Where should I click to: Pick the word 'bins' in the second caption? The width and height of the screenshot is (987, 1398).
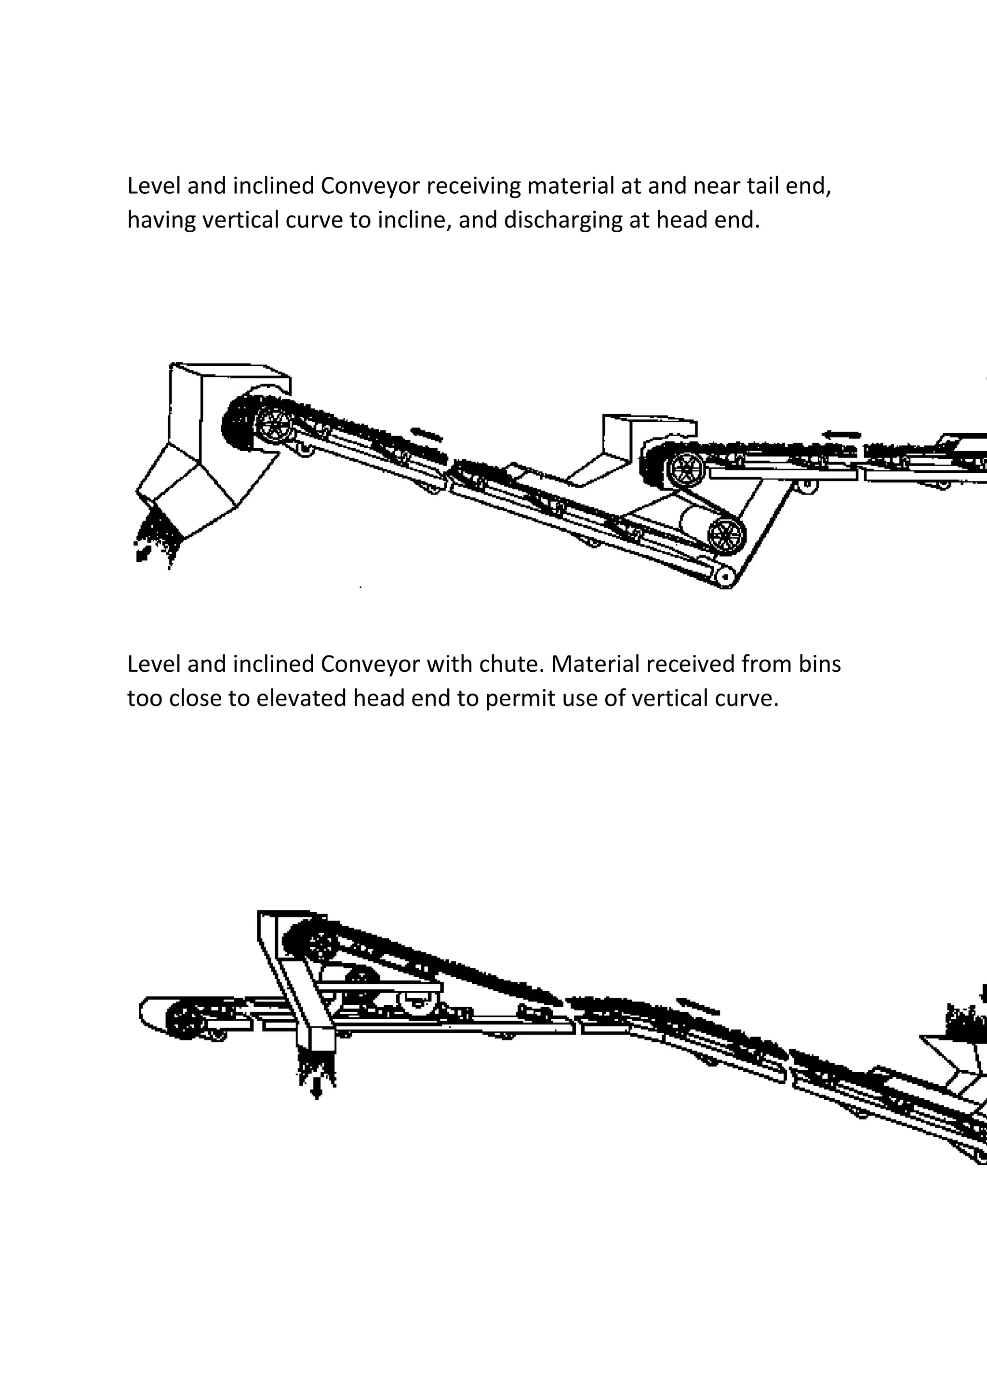tap(820, 664)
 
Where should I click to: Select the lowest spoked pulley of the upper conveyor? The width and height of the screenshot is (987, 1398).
tap(726, 535)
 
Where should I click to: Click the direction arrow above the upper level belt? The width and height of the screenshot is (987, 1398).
tap(842, 435)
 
